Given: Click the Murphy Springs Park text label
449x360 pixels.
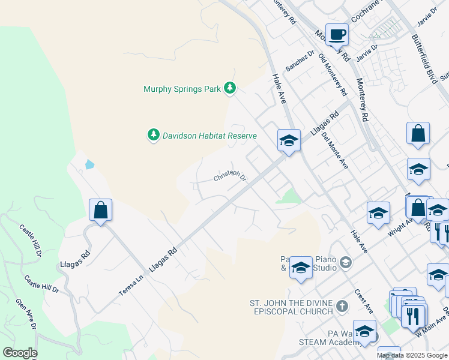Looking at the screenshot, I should pos(182,89).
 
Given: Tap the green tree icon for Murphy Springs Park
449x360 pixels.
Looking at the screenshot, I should pos(229,89).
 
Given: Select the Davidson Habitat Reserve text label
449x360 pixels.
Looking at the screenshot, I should pos(209,136).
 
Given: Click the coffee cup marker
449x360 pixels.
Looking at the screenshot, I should pos(337,35).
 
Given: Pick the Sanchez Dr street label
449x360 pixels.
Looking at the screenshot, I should pos(300,61).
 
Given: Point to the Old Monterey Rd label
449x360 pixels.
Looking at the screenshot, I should pos(333,75).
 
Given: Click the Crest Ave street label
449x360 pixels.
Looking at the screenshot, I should pos(364,299).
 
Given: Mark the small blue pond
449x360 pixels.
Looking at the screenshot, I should pos(89,164).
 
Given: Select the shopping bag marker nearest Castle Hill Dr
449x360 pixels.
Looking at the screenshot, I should pos(100,211).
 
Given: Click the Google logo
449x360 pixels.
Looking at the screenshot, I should pos(20,353).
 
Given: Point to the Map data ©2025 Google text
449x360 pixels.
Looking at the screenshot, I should pos(412,355).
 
